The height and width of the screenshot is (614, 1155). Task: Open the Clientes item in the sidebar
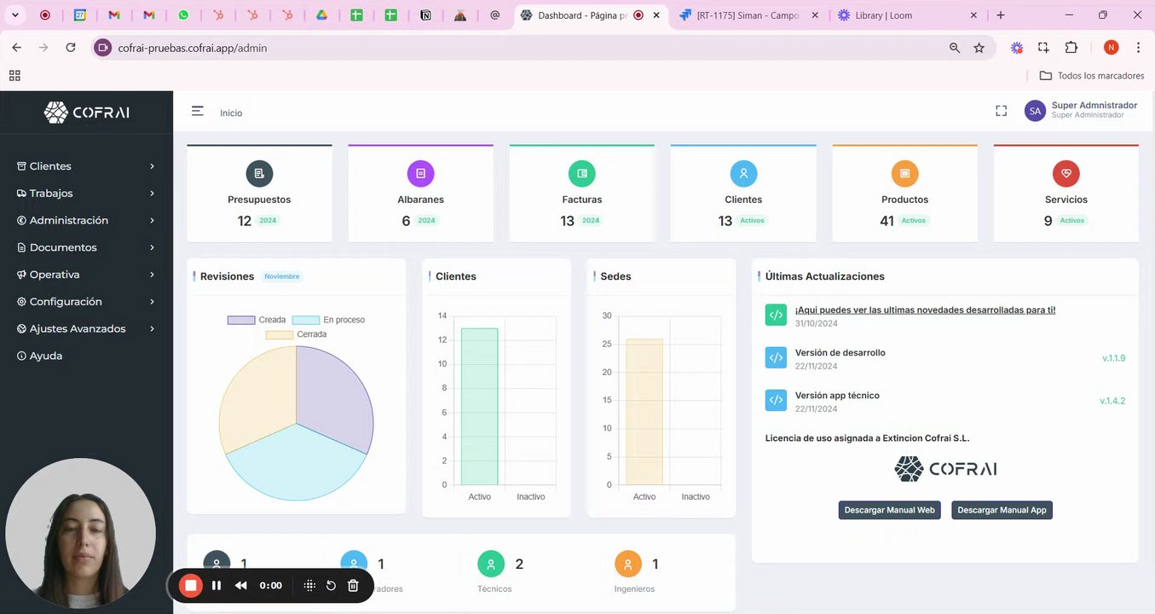(x=50, y=166)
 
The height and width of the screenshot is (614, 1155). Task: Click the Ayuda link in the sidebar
(x=45, y=356)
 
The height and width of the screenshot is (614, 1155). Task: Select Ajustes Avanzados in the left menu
(x=77, y=328)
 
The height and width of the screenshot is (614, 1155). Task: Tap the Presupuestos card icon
(x=259, y=174)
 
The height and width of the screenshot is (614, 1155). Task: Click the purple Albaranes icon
(x=420, y=174)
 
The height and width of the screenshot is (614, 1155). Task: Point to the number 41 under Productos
(x=886, y=221)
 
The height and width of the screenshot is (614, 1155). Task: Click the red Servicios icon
(x=1065, y=174)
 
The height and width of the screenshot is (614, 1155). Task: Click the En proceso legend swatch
(x=305, y=320)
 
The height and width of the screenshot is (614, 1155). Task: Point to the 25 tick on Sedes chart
(x=607, y=344)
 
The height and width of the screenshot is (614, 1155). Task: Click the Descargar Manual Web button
(x=889, y=510)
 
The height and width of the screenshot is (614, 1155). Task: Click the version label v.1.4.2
(x=1112, y=401)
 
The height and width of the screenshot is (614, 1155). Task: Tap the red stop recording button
(x=191, y=585)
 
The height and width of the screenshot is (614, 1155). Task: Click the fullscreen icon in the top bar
(x=1002, y=111)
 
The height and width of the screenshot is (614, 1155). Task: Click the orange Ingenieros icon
(x=627, y=564)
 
